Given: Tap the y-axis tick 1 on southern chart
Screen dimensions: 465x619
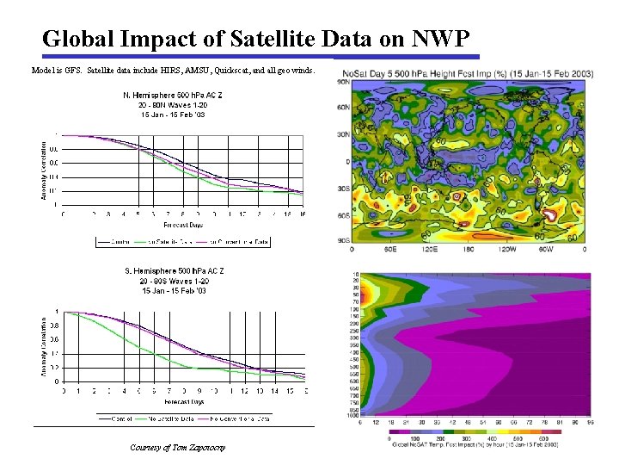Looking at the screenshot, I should [57, 312].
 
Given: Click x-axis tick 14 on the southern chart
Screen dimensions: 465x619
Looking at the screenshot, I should [275, 390].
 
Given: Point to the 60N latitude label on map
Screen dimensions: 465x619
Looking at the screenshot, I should [342, 107].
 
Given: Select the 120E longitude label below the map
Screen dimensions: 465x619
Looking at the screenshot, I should [425, 248].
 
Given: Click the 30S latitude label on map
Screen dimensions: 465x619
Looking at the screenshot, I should [342, 189].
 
